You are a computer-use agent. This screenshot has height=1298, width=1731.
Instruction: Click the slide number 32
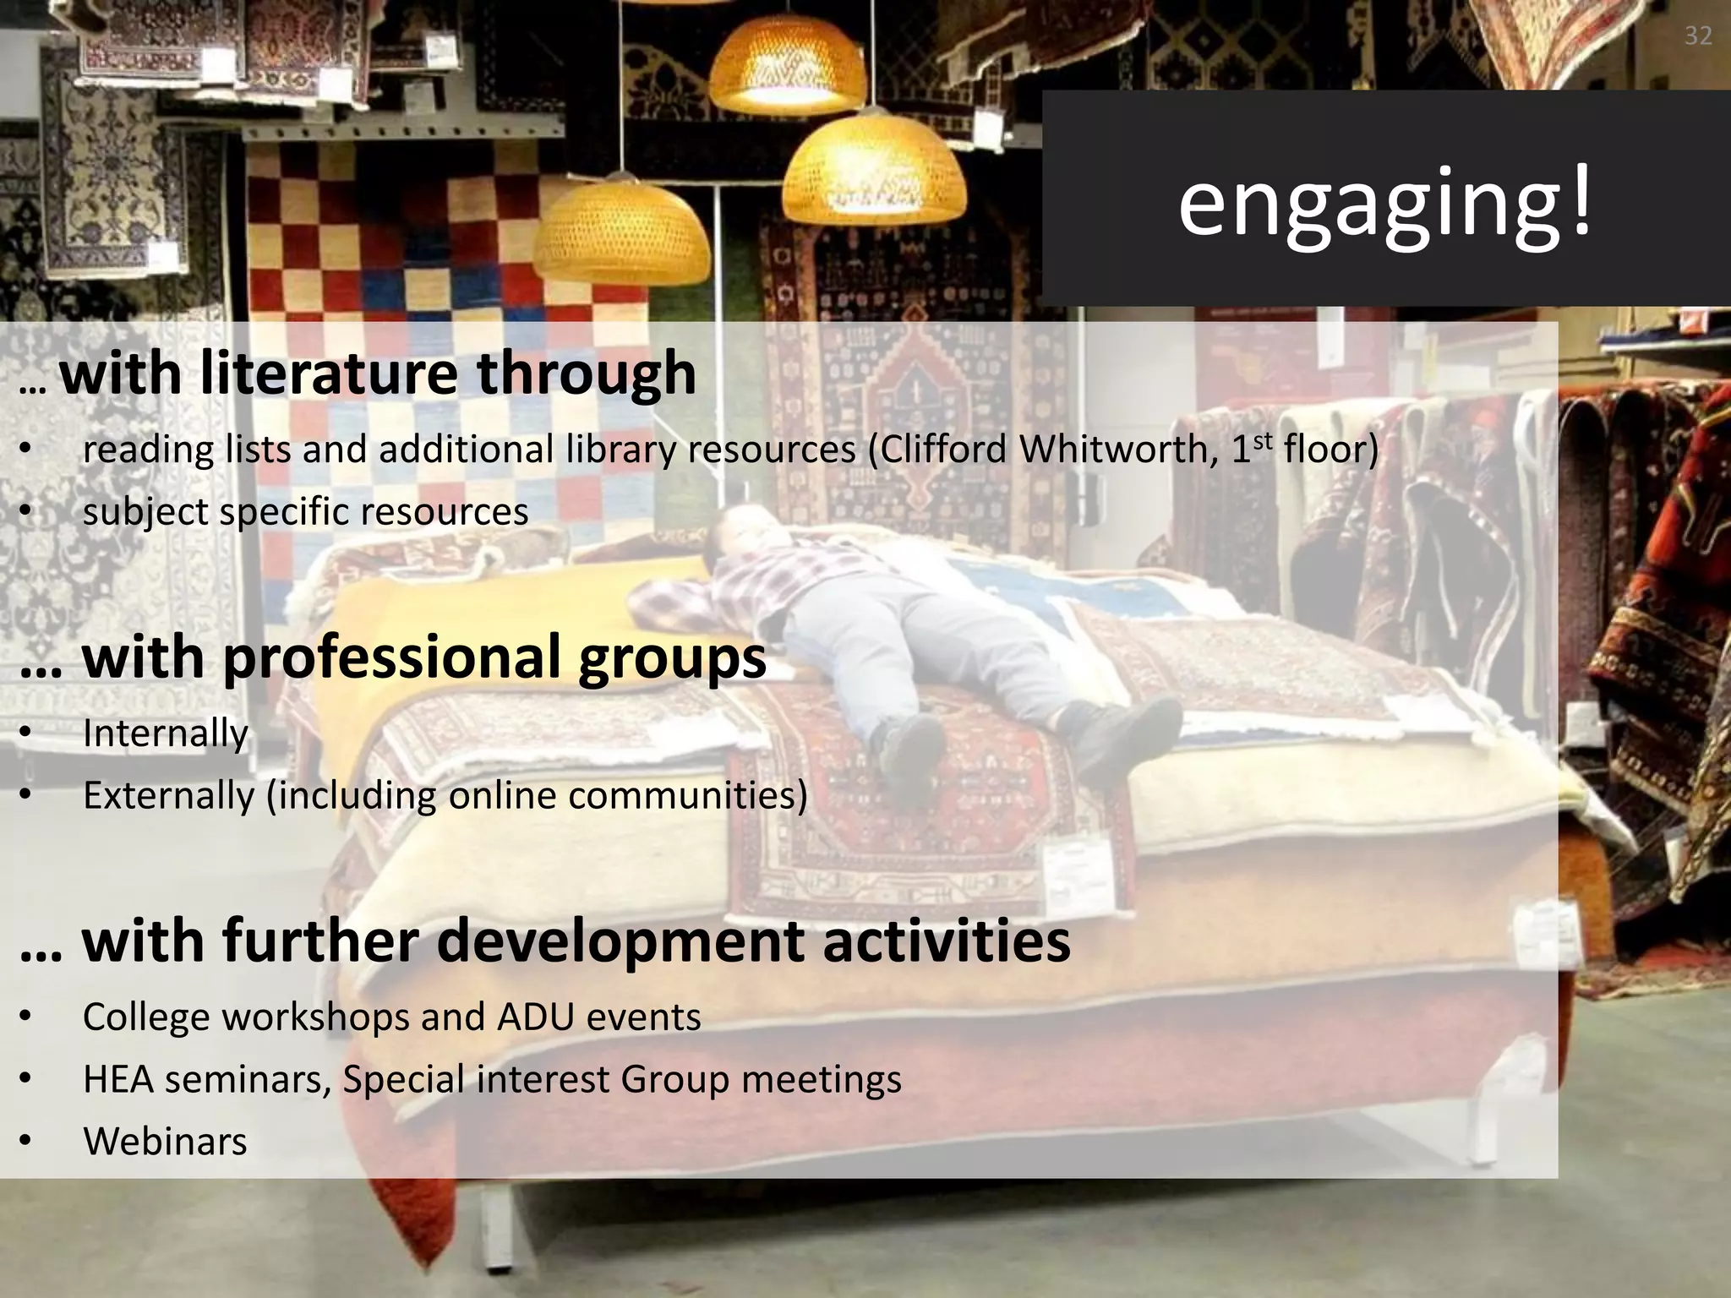[1698, 35]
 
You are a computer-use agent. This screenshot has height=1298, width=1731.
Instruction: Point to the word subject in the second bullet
[145, 512]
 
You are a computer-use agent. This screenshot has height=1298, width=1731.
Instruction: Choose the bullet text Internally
[166, 733]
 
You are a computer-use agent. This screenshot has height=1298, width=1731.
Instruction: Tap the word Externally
[168, 795]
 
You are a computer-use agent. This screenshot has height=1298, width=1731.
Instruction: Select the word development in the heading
[621, 941]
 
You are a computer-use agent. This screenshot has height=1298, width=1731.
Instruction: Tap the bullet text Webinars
[165, 1142]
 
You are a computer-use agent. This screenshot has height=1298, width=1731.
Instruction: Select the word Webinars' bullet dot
[26, 1142]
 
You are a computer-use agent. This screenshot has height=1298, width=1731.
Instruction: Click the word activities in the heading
[946, 941]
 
